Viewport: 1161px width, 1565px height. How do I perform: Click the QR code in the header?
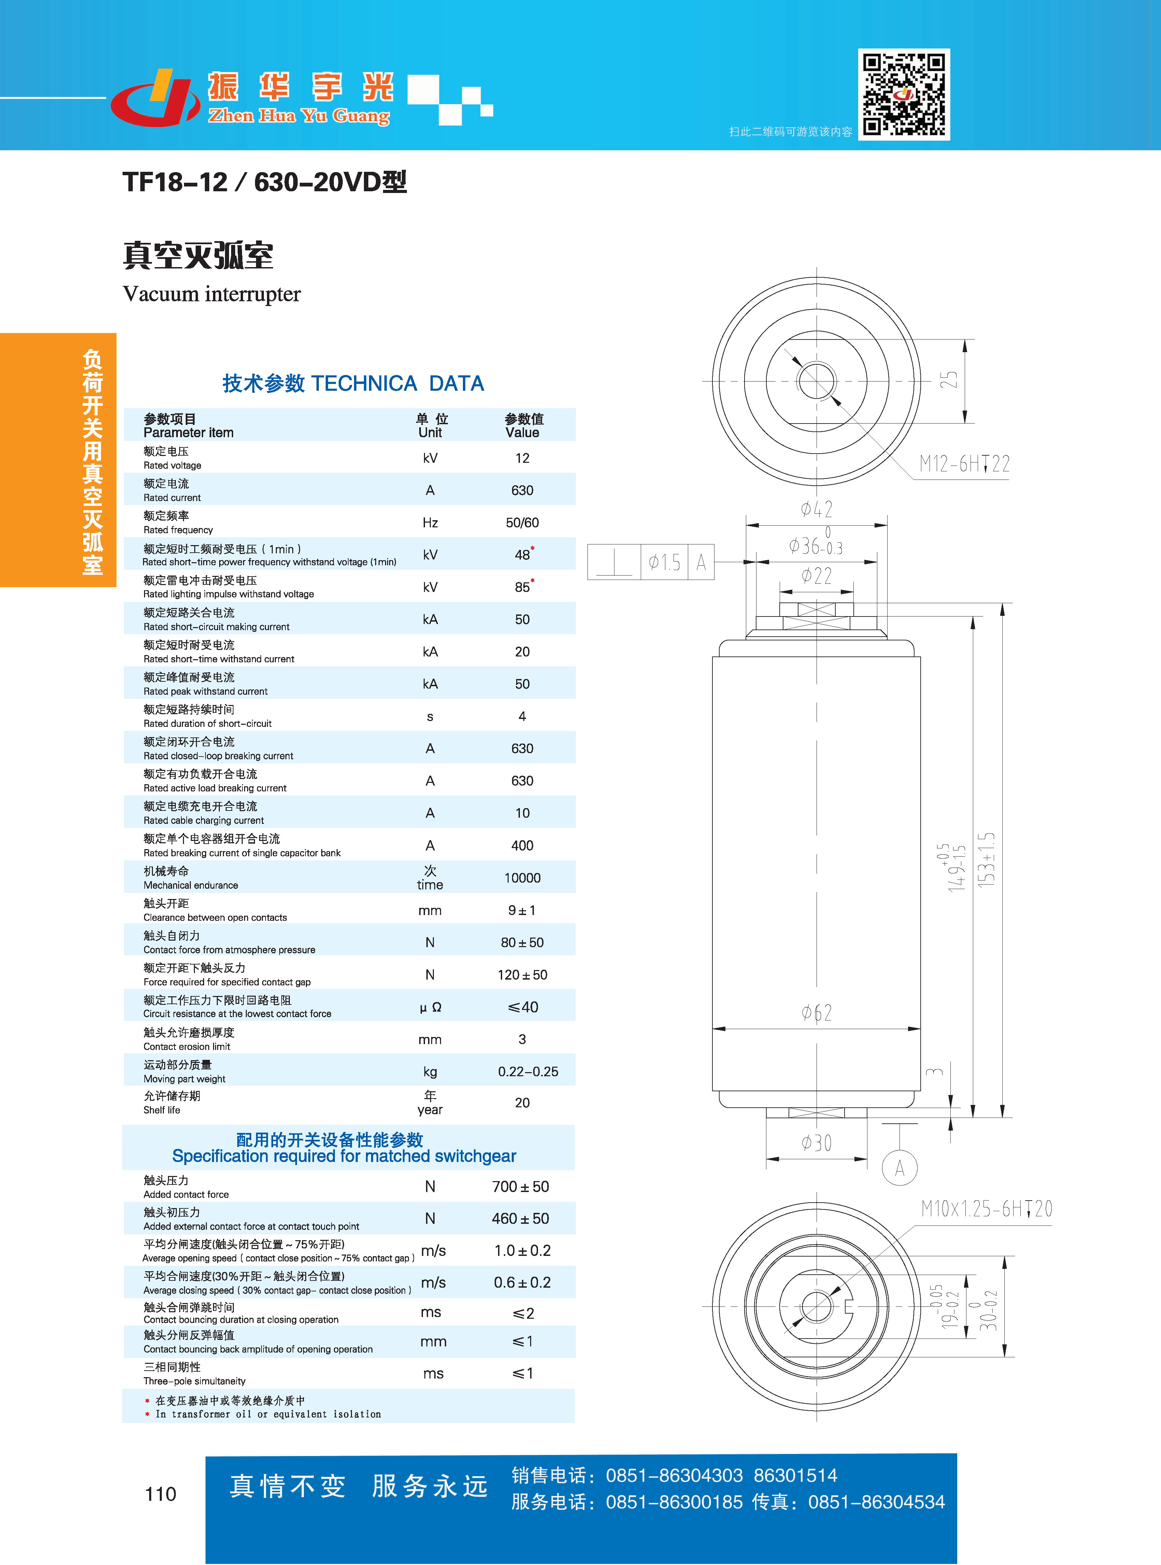tap(904, 94)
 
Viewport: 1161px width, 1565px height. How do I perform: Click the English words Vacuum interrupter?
tap(212, 294)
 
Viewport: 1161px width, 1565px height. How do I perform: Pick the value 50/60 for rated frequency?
tap(522, 522)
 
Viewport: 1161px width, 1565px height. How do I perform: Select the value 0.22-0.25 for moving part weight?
tap(528, 1071)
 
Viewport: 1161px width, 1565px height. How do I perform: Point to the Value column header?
tap(524, 425)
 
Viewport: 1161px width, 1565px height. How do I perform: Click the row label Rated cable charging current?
tap(204, 820)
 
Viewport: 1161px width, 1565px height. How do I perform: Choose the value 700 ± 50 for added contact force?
tap(520, 1187)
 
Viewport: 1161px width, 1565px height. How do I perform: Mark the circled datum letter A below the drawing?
tap(900, 1168)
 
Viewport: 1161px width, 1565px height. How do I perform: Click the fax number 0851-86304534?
tap(876, 1502)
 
